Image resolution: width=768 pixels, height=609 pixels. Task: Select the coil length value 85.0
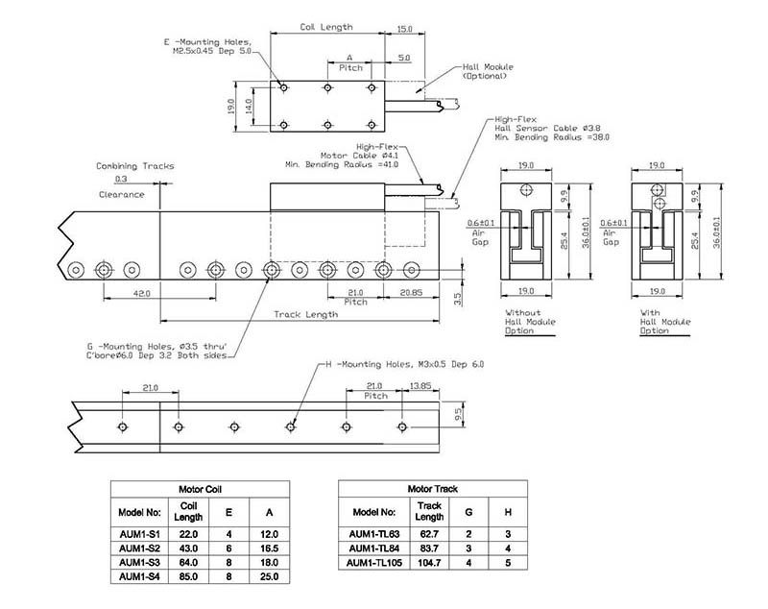188,576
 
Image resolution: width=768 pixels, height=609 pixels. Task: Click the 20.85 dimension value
412,292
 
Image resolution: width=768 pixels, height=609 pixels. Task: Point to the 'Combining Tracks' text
135,166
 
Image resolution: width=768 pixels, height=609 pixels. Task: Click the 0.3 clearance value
121,180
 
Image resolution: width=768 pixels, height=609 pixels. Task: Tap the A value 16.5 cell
269,548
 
